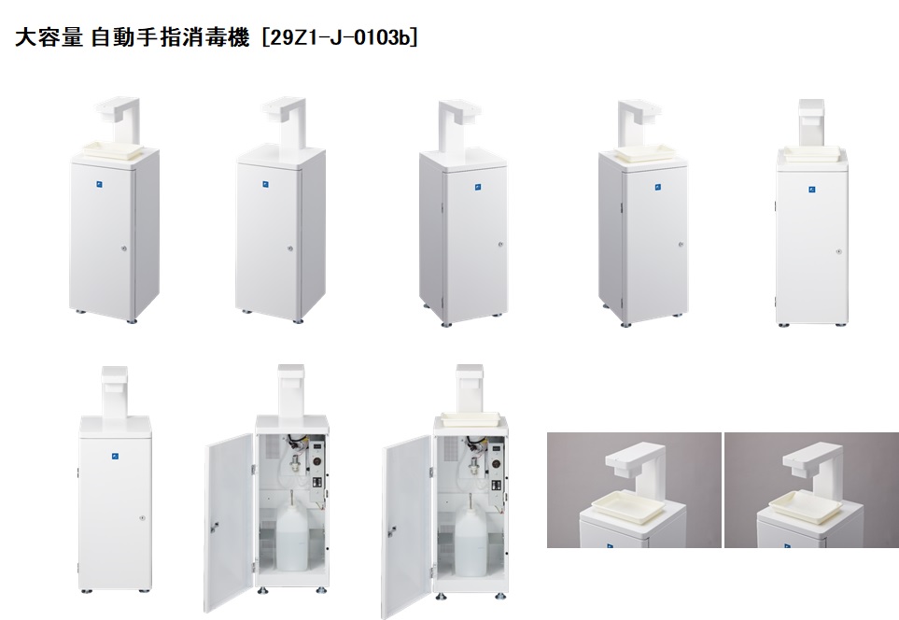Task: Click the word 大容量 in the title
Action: click(x=49, y=38)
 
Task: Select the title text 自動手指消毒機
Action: click(x=170, y=38)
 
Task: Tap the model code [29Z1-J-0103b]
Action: click(x=339, y=38)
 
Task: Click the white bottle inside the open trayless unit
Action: click(x=292, y=537)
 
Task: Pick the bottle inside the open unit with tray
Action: click(x=471, y=537)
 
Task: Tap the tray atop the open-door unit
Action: click(x=471, y=419)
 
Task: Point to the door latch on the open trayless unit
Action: click(x=214, y=526)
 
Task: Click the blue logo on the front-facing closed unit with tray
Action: click(x=812, y=190)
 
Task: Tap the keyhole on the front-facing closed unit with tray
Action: click(x=839, y=251)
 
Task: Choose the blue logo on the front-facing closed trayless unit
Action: click(x=115, y=457)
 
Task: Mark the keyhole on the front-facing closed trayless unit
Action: click(x=142, y=518)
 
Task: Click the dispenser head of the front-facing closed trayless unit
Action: click(x=115, y=378)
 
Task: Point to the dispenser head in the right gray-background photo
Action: click(x=809, y=458)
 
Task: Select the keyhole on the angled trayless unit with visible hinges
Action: click(x=500, y=245)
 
